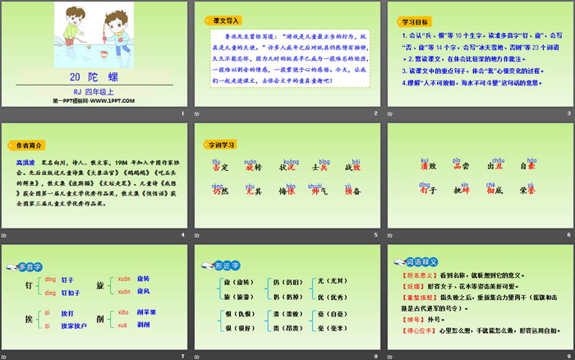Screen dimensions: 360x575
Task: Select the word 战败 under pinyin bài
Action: (352, 167)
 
